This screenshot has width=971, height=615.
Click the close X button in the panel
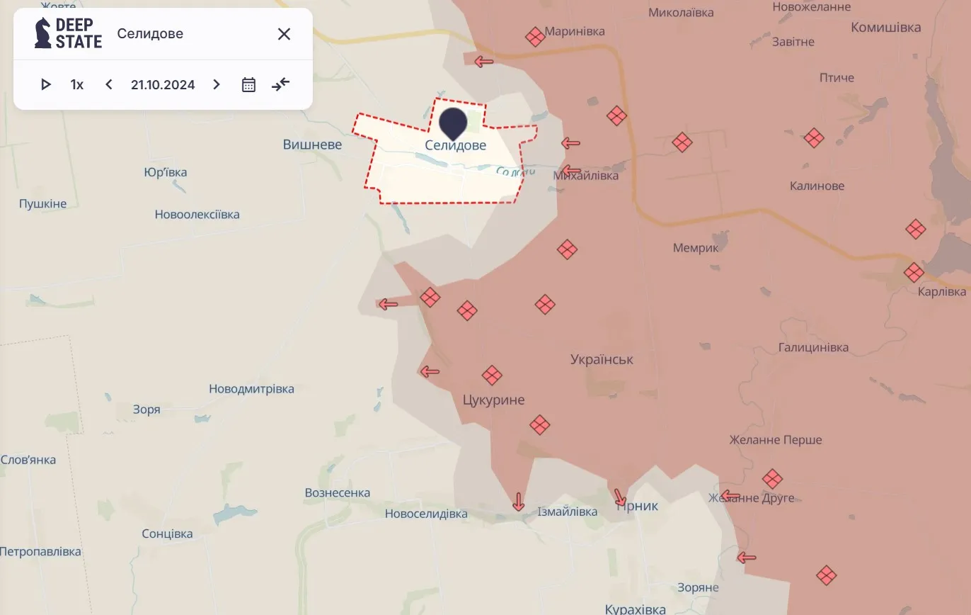click(x=284, y=34)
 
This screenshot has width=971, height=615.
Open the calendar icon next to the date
click(x=248, y=85)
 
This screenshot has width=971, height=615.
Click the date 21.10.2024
click(x=163, y=85)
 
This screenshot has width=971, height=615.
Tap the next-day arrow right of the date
click(x=217, y=85)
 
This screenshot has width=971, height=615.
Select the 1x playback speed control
click(x=77, y=85)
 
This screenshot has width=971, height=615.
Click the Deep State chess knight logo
click(x=43, y=33)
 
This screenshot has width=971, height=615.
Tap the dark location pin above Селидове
click(x=454, y=122)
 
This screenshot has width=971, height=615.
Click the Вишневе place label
click(x=312, y=145)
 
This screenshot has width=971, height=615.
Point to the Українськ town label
click(x=602, y=360)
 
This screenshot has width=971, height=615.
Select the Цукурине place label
click(x=493, y=400)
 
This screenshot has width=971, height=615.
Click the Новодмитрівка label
click(x=251, y=389)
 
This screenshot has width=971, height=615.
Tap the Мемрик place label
click(x=696, y=248)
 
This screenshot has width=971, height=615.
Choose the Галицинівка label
click(x=813, y=348)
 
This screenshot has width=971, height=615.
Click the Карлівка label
click(x=941, y=292)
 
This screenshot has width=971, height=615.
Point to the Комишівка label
click(x=885, y=28)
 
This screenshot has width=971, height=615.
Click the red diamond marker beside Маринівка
click(x=535, y=36)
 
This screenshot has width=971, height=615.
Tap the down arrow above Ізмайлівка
click(x=518, y=502)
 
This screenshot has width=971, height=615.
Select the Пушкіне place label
click(x=42, y=204)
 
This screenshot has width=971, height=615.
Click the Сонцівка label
click(x=167, y=534)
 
